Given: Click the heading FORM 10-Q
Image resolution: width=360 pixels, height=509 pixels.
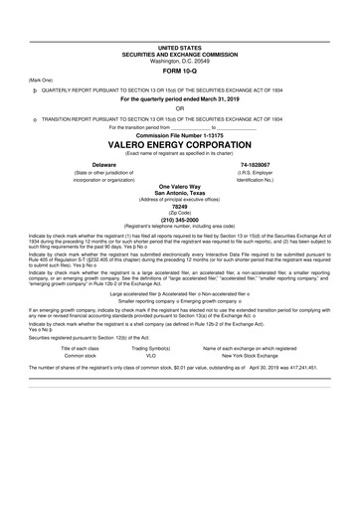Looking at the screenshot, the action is [180, 72].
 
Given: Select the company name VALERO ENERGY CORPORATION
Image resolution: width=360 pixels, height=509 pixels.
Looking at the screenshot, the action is [180, 143].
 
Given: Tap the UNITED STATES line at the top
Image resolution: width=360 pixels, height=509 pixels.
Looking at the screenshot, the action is [180, 48].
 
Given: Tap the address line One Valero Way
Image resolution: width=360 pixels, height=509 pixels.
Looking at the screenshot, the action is [180, 186].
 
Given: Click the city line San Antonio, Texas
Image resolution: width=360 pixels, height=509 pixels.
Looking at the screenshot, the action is [180, 193].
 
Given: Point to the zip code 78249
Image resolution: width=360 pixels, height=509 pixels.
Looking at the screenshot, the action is [180, 207].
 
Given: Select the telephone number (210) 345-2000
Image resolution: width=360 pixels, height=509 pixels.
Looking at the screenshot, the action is [180, 221].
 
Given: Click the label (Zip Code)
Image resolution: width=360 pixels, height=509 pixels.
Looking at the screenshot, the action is [180, 214].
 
